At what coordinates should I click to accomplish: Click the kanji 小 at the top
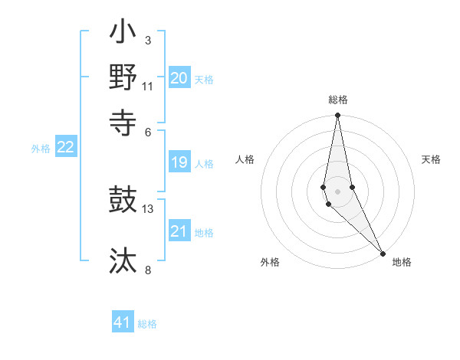coord(123,34)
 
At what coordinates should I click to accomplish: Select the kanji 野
coord(123,77)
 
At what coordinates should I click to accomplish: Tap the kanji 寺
coord(123,121)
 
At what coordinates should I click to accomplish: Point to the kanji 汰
coord(123,260)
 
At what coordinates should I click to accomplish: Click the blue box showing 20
coord(179,78)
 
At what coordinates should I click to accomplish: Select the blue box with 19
coord(179,162)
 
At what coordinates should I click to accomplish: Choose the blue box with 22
coord(65,148)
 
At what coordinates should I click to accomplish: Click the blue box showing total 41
coord(123,322)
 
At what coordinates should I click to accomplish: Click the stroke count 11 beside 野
coord(147,86)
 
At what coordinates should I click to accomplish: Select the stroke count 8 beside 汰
coord(148,269)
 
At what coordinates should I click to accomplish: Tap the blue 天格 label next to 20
coord(204,80)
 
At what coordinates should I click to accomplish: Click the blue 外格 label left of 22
coord(41,149)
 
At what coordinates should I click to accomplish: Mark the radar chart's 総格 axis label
coord(337,100)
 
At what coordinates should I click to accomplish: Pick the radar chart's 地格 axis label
coord(402,262)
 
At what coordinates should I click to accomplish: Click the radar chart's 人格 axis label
coord(245,159)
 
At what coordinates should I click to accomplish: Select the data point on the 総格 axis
coord(337,116)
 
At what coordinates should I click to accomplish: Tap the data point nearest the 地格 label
coord(383,254)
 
